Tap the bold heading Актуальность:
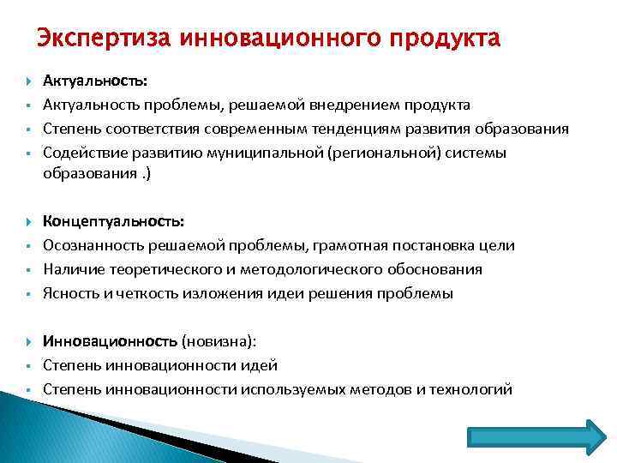click(x=95, y=81)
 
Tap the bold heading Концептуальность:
click(x=114, y=221)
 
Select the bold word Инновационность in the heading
click(x=111, y=341)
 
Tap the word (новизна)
click(x=219, y=341)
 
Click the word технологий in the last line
click(x=472, y=389)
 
